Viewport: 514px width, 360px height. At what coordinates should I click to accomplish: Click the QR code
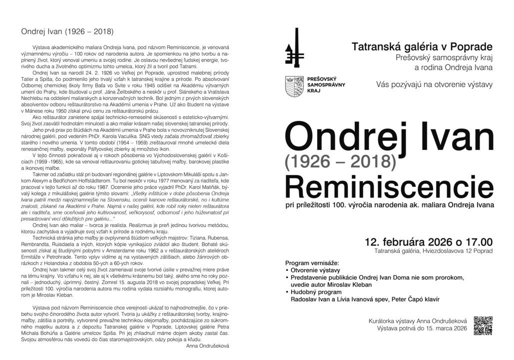[x=483, y=325]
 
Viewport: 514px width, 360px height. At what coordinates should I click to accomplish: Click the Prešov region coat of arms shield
[x=293, y=85]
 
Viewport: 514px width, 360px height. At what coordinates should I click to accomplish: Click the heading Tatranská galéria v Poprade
[x=422, y=46]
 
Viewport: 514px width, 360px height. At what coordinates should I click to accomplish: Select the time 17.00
[x=477, y=242]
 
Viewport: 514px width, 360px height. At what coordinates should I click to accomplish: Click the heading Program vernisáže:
[x=312, y=262]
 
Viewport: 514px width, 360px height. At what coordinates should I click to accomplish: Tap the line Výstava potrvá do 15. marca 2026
[x=422, y=328]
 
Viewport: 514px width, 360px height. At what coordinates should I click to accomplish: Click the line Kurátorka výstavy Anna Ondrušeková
[x=417, y=320]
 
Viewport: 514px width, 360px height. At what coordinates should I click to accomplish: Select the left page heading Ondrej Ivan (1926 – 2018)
[x=67, y=31]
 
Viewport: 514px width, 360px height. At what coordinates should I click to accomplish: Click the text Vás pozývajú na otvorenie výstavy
[x=434, y=84]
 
